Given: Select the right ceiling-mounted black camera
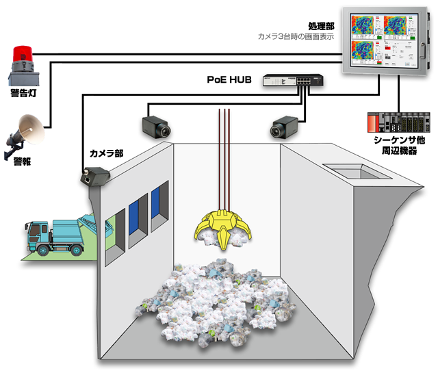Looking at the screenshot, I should [x=283, y=125].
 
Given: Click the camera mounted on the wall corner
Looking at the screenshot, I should [x=91, y=176].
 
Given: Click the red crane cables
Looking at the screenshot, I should [x=224, y=157].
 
